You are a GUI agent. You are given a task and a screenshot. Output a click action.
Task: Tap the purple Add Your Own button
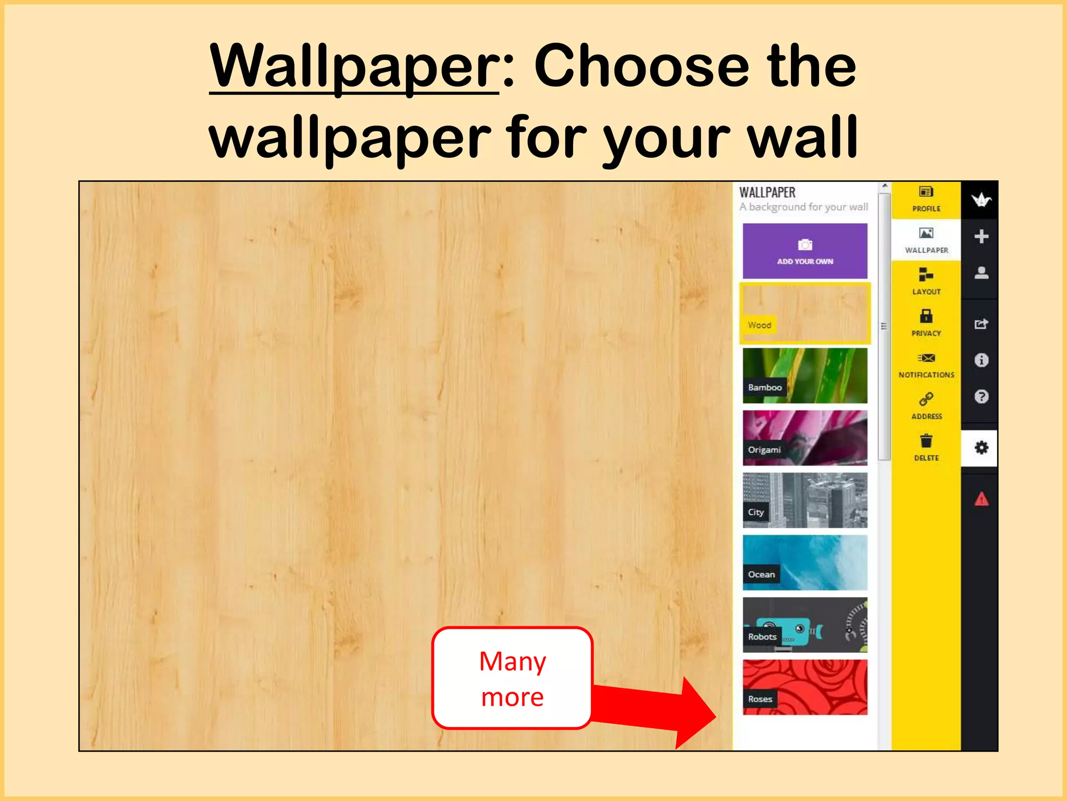point(805,251)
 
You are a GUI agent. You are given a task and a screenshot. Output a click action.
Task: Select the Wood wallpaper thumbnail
point(805,313)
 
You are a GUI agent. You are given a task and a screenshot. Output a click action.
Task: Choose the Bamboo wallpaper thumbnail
point(805,375)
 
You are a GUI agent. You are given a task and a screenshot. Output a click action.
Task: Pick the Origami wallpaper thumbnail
point(805,438)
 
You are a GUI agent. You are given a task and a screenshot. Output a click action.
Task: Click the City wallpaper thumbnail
point(805,500)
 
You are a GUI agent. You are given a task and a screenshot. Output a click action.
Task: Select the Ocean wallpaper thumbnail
point(805,562)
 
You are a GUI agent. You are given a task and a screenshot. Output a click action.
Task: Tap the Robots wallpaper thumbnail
point(805,625)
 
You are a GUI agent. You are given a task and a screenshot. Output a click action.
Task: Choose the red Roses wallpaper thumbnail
point(805,687)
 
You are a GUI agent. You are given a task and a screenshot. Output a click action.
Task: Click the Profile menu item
point(926,199)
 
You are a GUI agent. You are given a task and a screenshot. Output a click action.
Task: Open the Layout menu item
point(926,281)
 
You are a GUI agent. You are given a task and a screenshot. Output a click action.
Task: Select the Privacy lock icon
point(926,316)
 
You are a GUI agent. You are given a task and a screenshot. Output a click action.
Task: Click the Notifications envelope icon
point(926,358)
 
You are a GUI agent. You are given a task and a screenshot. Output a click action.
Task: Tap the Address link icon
point(926,399)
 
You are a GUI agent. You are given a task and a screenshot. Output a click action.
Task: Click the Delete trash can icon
point(926,441)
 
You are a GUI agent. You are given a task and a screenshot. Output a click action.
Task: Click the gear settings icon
point(981,447)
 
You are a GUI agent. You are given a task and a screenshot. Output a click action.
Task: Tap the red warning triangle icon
point(981,499)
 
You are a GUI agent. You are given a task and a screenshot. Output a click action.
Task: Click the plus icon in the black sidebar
point(981,236)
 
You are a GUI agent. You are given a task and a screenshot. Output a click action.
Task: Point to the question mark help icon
point(981,397)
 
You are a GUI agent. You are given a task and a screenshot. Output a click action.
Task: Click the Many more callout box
point(513,678)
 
